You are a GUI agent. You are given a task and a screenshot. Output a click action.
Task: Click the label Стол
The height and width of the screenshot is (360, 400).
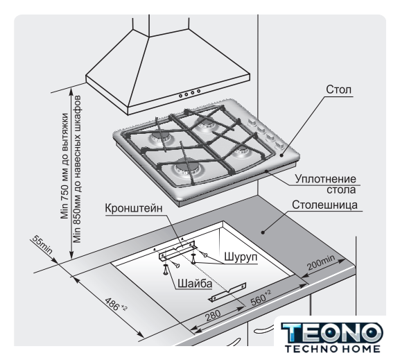tap(338, 89)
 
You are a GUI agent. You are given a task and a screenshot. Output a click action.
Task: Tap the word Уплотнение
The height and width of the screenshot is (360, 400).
tap(326, 179)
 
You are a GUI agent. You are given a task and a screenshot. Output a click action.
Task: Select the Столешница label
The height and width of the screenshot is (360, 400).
tap(324, 205)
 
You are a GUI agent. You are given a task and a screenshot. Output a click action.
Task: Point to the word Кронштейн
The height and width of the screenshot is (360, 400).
tap(134, 208)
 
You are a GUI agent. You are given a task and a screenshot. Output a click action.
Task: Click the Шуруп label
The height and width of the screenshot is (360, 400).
tap(241, 257)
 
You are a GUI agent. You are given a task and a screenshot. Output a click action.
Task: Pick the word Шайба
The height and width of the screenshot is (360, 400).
tap(195, 284)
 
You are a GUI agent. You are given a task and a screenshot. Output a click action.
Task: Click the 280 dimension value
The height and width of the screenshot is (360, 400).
tap(213, 316)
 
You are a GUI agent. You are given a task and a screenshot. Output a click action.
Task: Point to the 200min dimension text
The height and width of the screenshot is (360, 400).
tap(321, 262)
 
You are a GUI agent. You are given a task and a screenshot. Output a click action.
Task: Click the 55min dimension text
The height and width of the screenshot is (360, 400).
tap(42, 245)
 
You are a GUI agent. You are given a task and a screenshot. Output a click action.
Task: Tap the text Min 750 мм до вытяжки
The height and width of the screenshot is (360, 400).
tap(64, 166)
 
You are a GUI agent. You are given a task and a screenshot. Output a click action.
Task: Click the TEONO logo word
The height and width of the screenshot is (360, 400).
tap(332, 332)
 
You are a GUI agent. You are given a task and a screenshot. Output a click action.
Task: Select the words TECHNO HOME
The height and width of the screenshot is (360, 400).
tap(332, 348)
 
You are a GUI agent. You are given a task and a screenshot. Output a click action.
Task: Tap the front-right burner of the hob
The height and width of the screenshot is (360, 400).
tap(241, 151)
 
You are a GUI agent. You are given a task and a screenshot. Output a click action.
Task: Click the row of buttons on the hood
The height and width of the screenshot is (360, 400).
tap(189, 93)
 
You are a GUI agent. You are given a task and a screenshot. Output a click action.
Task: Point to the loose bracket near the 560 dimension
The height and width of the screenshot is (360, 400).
tap(227, 292)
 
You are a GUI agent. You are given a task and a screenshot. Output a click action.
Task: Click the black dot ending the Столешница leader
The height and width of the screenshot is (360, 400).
tap(263, 232)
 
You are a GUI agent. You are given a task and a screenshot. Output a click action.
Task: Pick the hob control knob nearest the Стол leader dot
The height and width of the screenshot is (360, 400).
tap(279, 146)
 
